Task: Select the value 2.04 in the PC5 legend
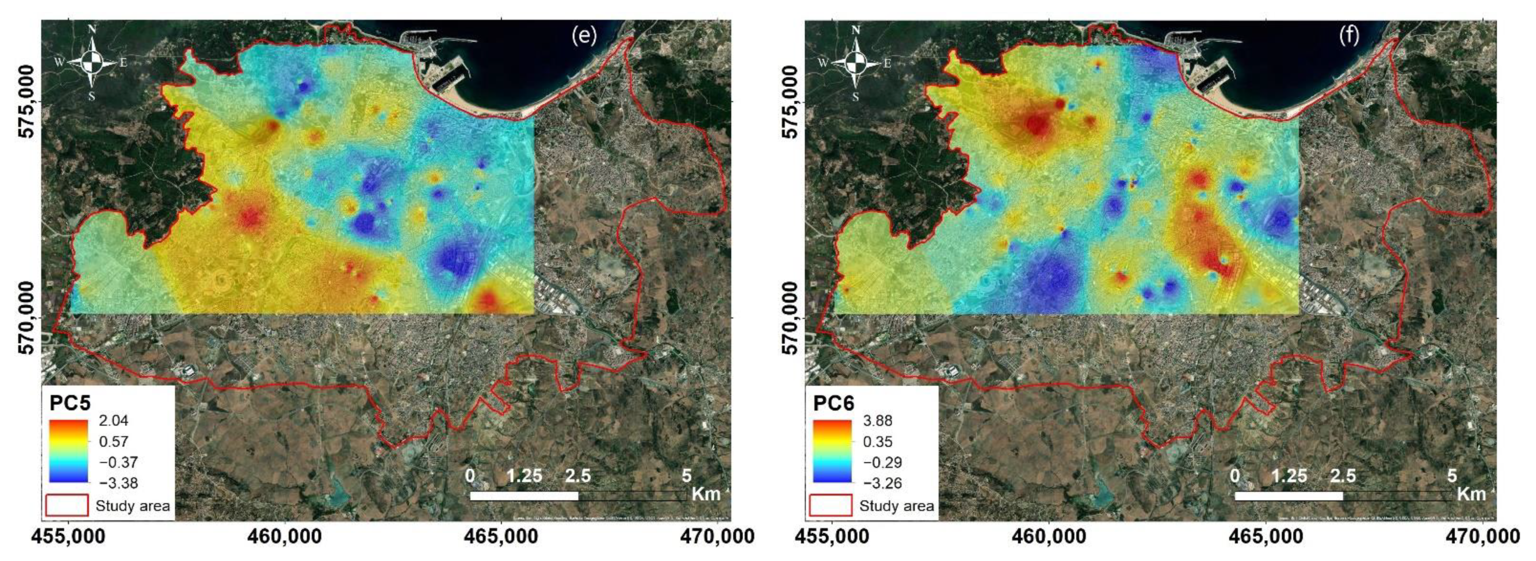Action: [113, 421]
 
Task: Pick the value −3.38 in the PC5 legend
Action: [113, 483]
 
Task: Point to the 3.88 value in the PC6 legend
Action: [878, 421]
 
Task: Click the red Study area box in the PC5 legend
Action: [67, 506]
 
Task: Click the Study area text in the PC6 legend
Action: [896, 506]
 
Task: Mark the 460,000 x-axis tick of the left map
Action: [285, 536]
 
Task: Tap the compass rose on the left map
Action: [92, 62]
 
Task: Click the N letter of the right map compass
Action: [856, 30]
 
